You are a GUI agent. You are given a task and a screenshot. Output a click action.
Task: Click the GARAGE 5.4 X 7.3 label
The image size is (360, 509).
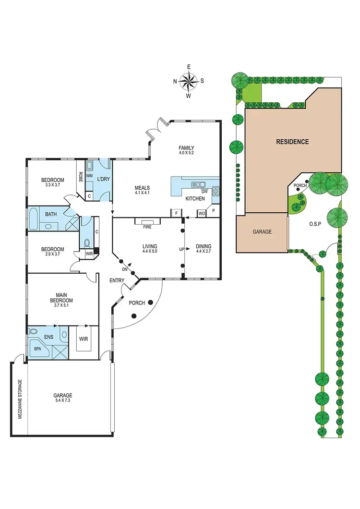point(63,399)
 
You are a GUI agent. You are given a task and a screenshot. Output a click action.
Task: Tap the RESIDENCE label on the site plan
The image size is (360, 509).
point(292,142)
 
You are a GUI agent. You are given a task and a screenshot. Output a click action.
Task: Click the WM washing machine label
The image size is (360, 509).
point(89,176)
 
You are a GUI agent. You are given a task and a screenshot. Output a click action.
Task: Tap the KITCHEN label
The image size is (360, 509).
point(195,198)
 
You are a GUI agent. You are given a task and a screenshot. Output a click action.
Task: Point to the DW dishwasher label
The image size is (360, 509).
point(204,191)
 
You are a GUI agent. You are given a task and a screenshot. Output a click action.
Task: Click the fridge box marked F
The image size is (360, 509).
point(176,212)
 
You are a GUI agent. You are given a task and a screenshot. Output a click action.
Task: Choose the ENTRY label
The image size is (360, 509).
point(117,280)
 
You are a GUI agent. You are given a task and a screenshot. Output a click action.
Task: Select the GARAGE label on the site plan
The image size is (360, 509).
point(262,231)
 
